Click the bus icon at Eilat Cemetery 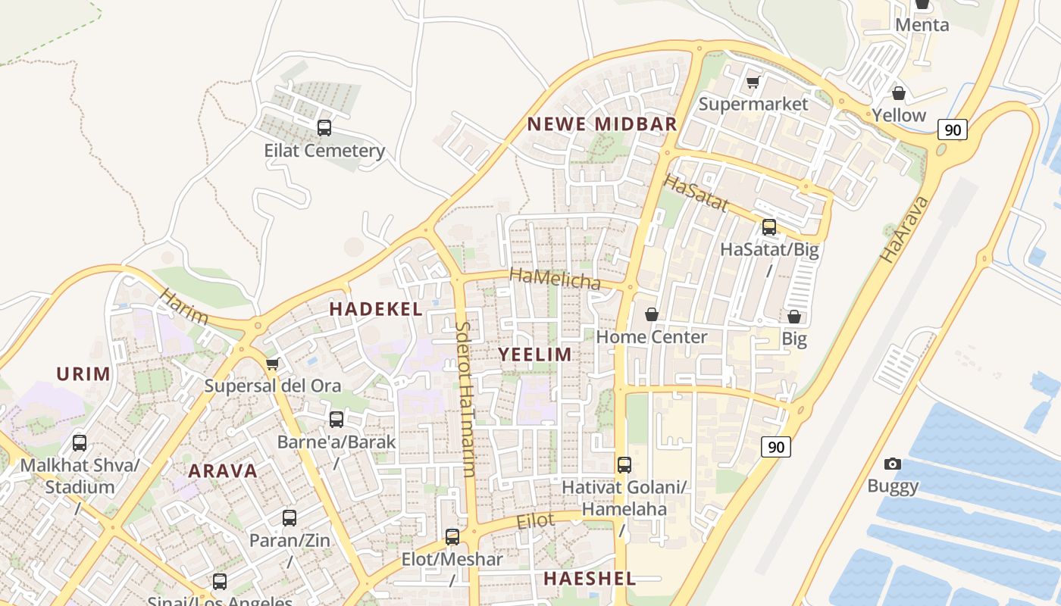tap(324, 127)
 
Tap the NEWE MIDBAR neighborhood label tap(602, 124)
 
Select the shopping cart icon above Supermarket tap(753, 82)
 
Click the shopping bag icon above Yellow tap(899, 93)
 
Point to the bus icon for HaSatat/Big tap(769, 226)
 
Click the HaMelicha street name tap(555, 278)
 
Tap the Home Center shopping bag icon tap(652, 314)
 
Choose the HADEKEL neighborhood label tap(376, 309)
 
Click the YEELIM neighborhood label tap(535, 355)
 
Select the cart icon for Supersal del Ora tap(273, 364)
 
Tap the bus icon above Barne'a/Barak tap(336, 419)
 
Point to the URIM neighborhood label tap(83, 373)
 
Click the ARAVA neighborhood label tap(223, 470)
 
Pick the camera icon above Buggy tap(893, 464)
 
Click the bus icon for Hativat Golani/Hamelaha tap(624, 465)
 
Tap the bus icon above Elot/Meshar tap(452, 537)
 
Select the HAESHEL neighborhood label tap(589, 579)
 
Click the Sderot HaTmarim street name tap(465, 399)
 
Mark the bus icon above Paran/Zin tap(290, 518)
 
